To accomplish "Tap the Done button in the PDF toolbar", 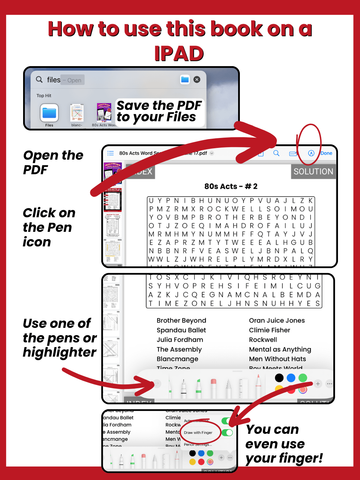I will (x=326, y=153).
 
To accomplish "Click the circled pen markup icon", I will (x=311, y=153).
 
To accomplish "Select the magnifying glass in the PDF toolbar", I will (x=276, y=153).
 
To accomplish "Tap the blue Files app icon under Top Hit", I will (x=49, y=113).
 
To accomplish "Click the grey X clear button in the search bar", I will (x=197, y=80).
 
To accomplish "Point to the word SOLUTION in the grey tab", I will (x=313, y=171).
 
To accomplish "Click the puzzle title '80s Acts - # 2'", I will (x=231, y=186).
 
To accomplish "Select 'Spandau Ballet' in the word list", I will (x=181, y=330).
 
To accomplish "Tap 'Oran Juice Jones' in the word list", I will (x=276, y=320).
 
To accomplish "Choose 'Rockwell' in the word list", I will (x=263, y=340).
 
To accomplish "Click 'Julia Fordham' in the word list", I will (x=180, y=340).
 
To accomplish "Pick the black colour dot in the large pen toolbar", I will (x=279, y=378).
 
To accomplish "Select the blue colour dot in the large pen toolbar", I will (x=291, y=378).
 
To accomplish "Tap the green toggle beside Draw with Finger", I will (x=227, y=433).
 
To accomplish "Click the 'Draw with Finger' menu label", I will (x=198, y=433).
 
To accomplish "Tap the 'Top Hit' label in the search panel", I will (x=44, y=96).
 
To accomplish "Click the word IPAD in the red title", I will (x=179, y=54).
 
